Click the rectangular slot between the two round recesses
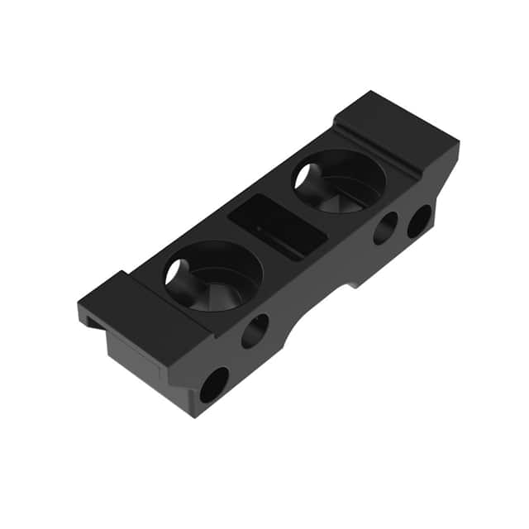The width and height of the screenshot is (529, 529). pyautogui.click(x=276, y=227)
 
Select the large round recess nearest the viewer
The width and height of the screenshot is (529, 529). pyautogui.click(x=213, y=276)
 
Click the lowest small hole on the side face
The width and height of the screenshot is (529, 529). pyautogui.click(x=213, y=384)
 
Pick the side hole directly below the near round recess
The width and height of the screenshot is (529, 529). pyautogui.click(x=255, y=331)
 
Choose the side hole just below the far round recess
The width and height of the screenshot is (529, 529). pyautogui.click(x=384, y=228)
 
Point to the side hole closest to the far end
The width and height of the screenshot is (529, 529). pyautogui.click(x=419, y=221)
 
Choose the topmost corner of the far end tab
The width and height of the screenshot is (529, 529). pyautogui.click(x=368, y=92)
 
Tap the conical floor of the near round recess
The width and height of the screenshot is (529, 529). pyautogui.click(x=219, y=289)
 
